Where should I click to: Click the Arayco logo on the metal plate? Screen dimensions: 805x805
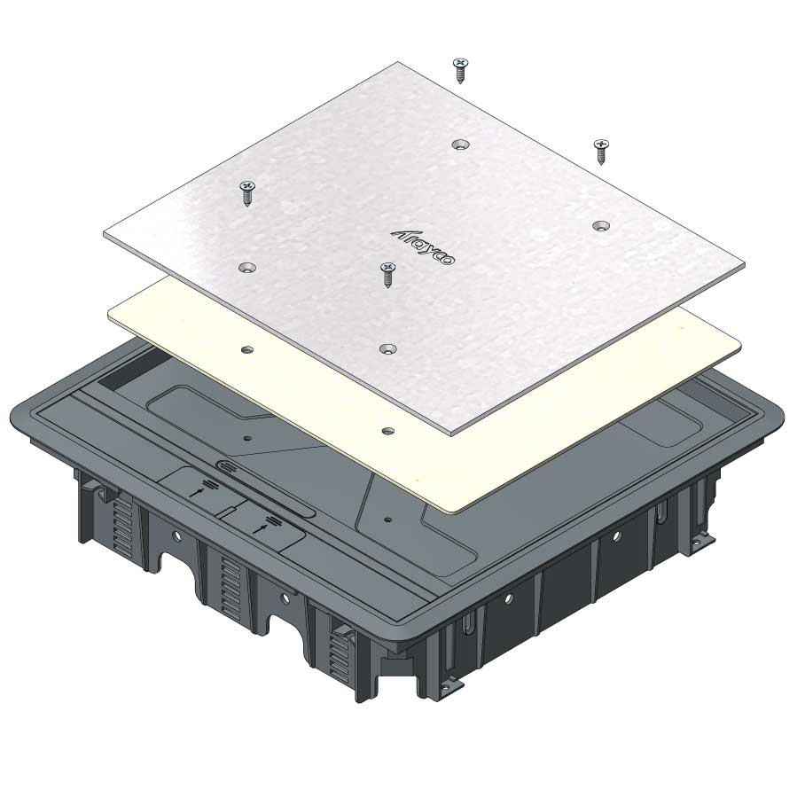423,247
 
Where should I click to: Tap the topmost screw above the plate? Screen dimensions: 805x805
460,70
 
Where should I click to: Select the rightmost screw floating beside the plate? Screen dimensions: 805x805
601,152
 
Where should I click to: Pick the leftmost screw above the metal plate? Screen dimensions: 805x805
247,193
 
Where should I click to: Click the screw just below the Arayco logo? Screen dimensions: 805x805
387,275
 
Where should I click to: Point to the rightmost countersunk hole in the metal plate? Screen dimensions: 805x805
601,225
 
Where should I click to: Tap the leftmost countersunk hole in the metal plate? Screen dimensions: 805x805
247,268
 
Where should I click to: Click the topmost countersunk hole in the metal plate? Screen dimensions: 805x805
460,145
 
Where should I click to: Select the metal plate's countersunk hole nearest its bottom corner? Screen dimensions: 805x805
387,349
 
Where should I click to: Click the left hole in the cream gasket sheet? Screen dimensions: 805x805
247,350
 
